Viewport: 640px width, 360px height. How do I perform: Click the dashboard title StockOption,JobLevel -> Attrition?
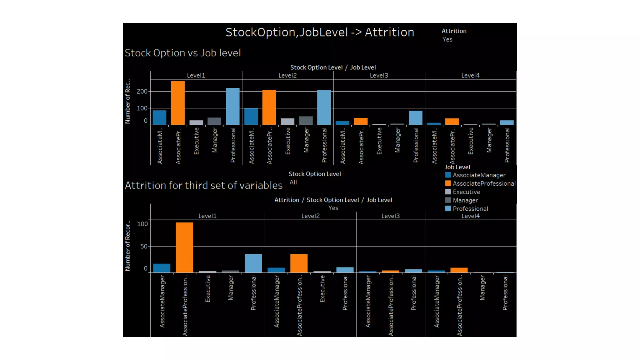(320, 32)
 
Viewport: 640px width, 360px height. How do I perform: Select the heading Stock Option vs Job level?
(183, 53)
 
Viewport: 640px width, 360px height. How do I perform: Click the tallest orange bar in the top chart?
(178, 103)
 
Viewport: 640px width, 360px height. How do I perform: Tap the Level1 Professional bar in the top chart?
(233, 107)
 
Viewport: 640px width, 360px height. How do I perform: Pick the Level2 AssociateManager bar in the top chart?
(251, 117)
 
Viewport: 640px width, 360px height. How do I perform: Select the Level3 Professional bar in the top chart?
(416, 118)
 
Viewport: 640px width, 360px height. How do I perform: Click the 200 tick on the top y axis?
(142, 92)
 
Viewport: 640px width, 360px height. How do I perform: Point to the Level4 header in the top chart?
(470, 76)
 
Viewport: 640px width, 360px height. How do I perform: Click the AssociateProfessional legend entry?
(484, 184)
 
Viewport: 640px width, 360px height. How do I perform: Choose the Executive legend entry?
(466, 192)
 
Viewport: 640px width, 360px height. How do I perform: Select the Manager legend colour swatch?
(448, 200)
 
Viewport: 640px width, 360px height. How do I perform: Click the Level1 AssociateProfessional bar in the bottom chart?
(184, 247)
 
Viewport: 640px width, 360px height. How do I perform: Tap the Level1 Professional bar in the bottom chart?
(253, 263)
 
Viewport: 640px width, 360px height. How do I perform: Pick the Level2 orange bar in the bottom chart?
(299, 263)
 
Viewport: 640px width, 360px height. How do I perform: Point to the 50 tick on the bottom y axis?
(144, 247)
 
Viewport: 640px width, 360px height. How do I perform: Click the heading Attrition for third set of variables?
(204, 186)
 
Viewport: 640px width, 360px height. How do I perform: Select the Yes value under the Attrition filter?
(447, 40)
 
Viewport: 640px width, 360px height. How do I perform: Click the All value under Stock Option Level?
(293, 182)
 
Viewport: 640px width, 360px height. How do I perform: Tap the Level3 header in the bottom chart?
(390, 216)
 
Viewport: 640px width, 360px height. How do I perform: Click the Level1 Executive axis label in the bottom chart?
(208, 289)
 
